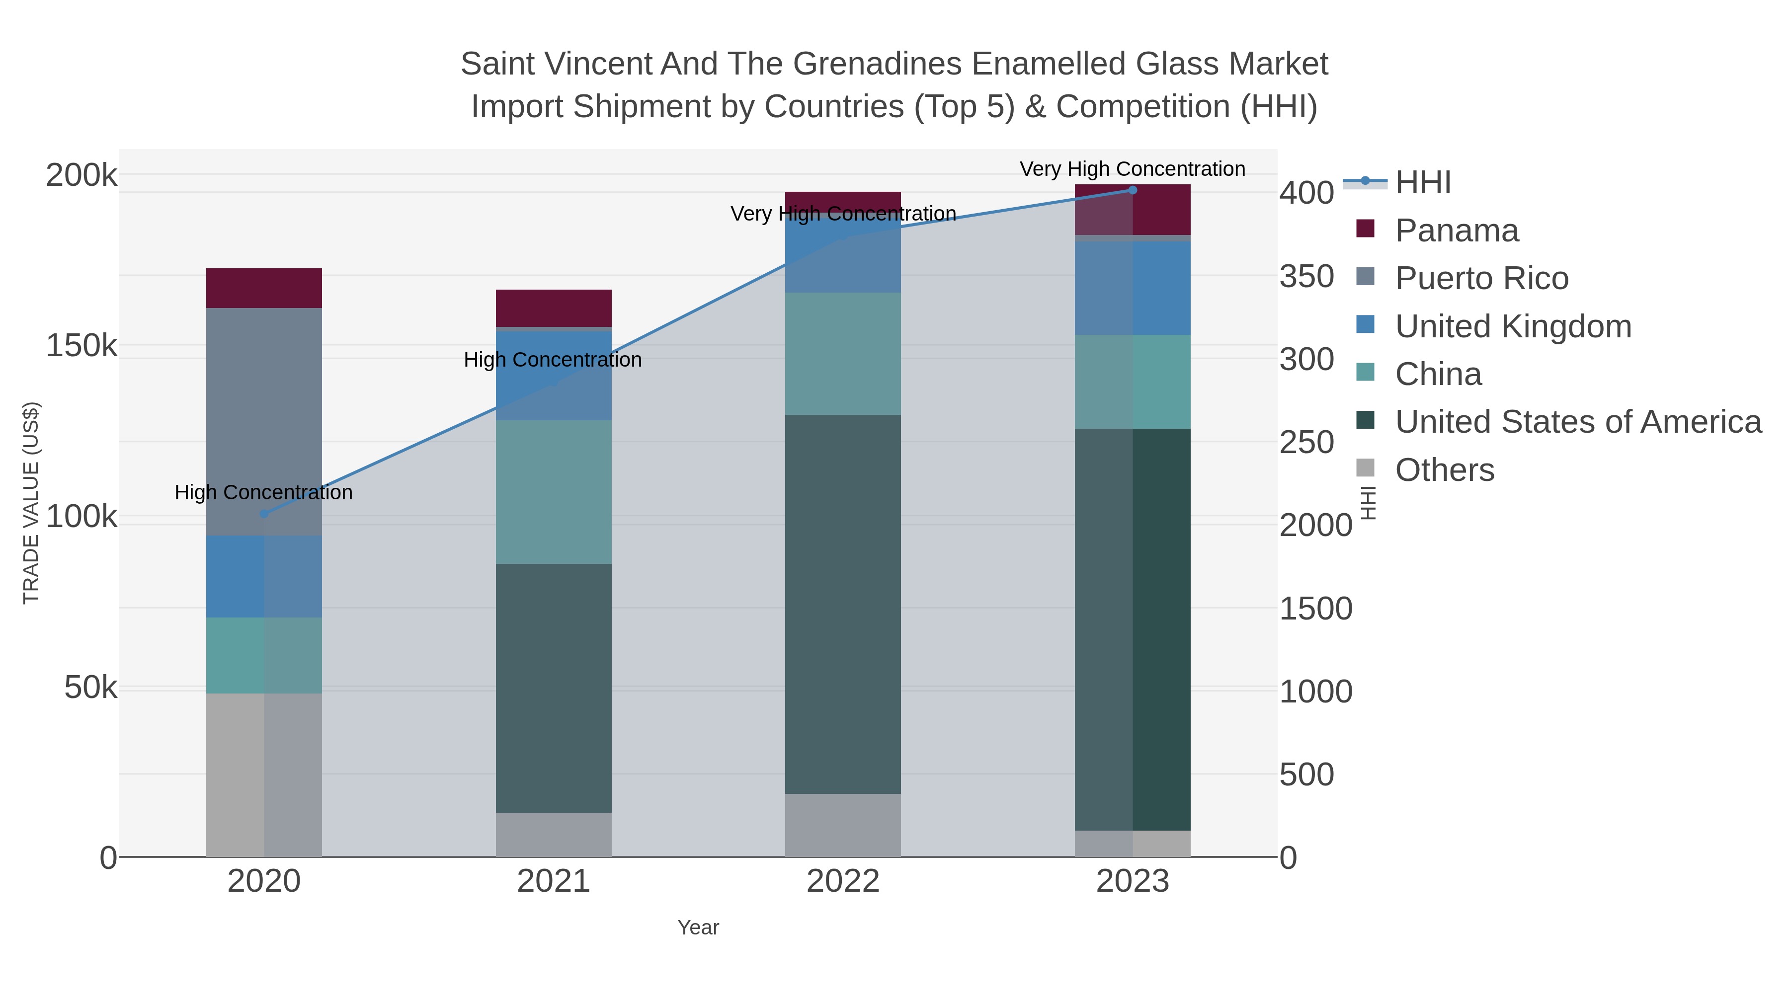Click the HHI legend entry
[1422, 183]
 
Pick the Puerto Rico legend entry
[1481, 278]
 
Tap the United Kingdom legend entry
[1513, 326]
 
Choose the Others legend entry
[1444, 470]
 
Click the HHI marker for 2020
[264, 514]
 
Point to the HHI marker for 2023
[1133, 190]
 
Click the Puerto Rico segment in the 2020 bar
[264, 421]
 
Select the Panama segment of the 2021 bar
[554, 308]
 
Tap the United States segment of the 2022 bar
[842, 604]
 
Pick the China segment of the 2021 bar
[554, 491]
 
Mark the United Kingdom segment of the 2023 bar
[1133, 288]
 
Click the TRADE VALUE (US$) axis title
[31, 503]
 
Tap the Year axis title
[698, 928]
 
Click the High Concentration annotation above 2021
[553, 360]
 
